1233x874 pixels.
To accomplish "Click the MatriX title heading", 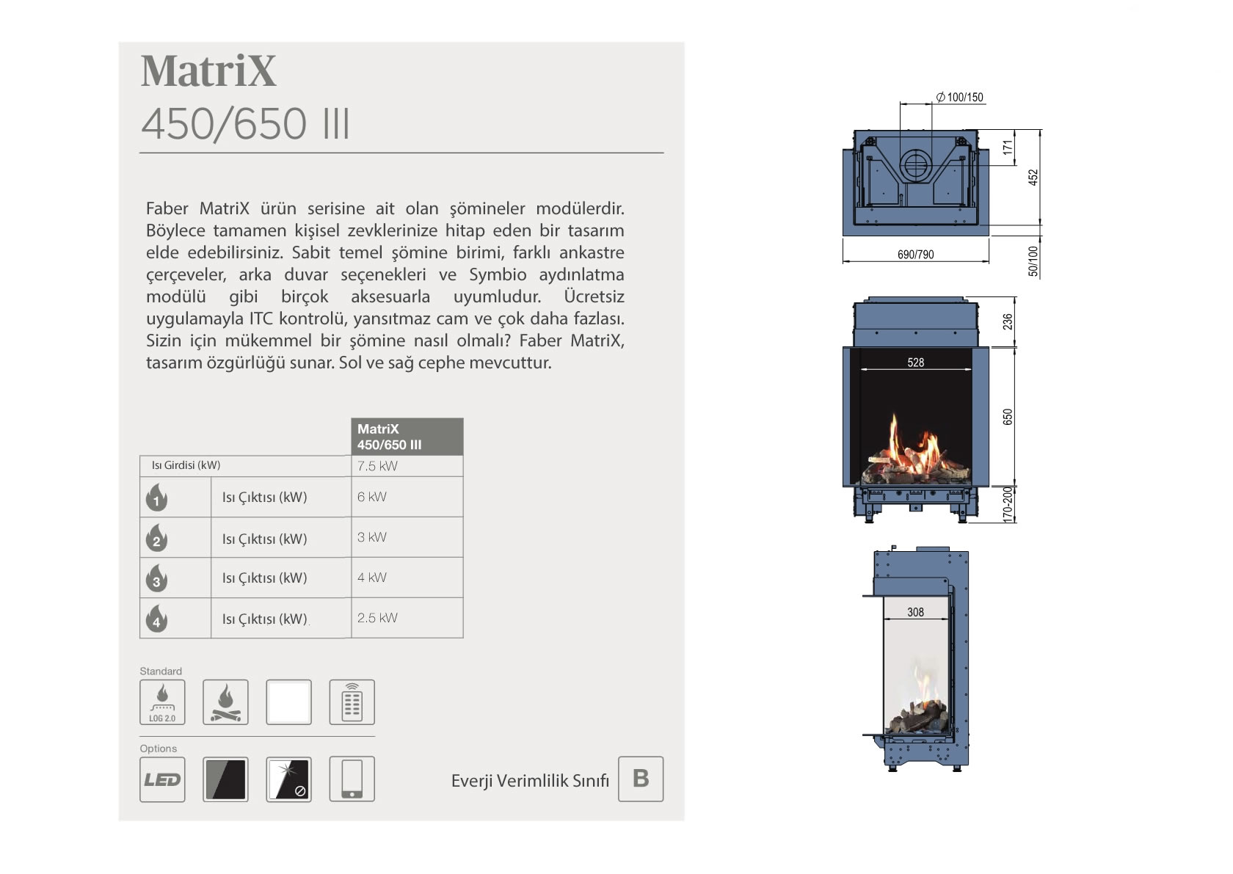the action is (208, 71).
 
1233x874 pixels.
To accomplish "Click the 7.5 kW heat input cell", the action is (377, 466).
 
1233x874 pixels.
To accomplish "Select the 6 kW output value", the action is (371, 497).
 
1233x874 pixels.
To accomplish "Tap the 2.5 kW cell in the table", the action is (377, 618).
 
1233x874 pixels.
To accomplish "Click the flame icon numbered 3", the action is (156, 578).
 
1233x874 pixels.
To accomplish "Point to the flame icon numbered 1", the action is (156, 497).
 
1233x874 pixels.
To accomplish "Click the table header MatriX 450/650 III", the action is (407, 437).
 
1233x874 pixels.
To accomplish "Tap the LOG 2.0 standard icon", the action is (162, 702).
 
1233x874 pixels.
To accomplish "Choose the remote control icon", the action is (352, 702).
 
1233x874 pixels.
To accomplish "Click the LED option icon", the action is (162, 779).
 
